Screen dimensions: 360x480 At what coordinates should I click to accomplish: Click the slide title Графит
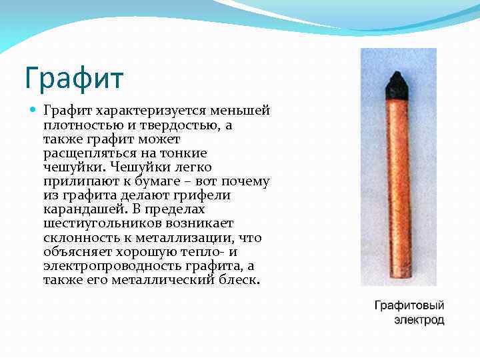73,77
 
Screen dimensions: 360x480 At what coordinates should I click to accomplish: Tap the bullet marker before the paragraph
33,109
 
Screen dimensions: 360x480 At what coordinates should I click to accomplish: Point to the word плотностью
78,125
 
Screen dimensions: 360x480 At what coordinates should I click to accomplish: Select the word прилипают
81,181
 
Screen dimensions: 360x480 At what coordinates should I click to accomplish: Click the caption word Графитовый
409,306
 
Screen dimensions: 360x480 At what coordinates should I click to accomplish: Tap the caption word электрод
418,321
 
